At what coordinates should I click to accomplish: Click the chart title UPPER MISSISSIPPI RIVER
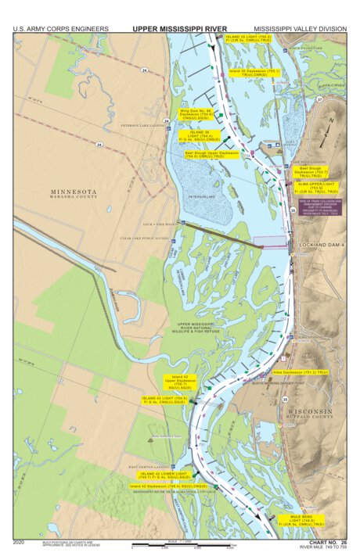(x=179, y=28)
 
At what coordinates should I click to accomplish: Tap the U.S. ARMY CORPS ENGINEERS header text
(x=60, y=29)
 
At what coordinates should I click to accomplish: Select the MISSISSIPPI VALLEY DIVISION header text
(x=300, y=29)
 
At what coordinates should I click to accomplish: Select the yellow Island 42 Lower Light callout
(x=163, y=475)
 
